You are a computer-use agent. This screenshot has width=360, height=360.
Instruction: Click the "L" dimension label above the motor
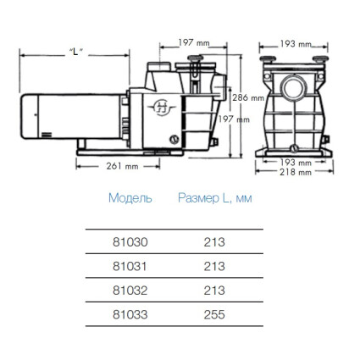pos(76,53)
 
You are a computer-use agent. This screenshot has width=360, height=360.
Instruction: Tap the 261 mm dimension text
pos(122,166)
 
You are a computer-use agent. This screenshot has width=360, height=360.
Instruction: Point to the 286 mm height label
pos(248,97)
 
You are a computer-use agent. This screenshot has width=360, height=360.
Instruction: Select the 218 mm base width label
pos(296,172)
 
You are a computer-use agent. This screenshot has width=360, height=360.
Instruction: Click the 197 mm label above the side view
pos(194,42)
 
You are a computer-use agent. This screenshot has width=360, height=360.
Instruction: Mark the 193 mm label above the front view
pos(296,44)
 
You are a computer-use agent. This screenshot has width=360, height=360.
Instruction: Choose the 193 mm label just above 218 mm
pos(296,163)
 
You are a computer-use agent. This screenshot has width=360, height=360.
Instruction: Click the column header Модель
pos(130,198)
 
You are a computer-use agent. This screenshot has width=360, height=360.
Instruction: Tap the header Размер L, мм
pos(215,198)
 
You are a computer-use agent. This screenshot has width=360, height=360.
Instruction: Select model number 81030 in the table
pos(130,242)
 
